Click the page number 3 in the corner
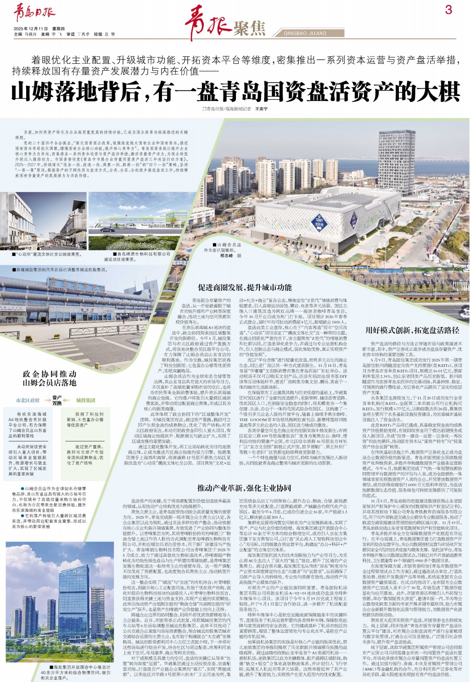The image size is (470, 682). [448, 10]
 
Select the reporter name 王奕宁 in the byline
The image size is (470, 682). [261, 109]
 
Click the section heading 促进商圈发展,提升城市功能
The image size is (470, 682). [245, 287]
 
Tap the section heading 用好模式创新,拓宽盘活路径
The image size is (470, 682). [412, 330]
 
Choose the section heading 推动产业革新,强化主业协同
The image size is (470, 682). [244, 488]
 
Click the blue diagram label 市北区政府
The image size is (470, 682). [28, 400]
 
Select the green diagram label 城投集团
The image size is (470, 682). [85, 400]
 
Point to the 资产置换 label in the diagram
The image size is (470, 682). [57, 400]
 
